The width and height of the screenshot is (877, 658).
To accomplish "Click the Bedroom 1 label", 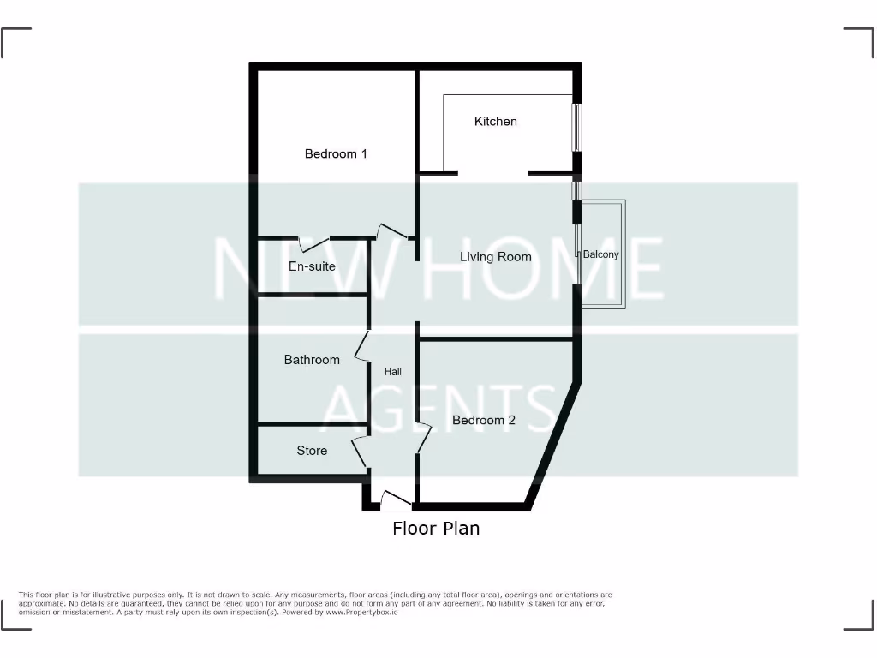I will click(x=336, y=154).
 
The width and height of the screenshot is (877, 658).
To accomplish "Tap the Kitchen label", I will click(x=496, y=122).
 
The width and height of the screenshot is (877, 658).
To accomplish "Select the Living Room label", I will click(x=495, y=257).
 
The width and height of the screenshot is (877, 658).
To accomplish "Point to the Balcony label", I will click(x=600, y=254).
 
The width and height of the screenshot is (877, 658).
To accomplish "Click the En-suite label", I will click(x=312, y=266).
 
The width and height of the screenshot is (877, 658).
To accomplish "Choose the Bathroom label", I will click(x=312, y=360).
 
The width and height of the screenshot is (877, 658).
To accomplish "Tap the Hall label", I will click(x=393, y=372).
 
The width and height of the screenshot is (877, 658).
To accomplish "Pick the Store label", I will click(x=312, y=451).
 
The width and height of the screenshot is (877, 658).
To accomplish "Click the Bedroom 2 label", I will click(x=484, y=421).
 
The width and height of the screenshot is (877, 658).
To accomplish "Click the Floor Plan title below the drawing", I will click(x=436, y=529).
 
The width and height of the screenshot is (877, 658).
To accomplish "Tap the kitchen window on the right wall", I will click(x=577, y=127).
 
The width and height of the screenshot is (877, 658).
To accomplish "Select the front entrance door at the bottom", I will click(x=395, y=499).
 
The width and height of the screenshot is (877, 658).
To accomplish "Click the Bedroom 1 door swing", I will click(x=391, y=230).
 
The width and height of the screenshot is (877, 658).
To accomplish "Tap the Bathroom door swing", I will click(x=361, y=346).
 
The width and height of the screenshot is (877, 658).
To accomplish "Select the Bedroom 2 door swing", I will click(x=422, y=438).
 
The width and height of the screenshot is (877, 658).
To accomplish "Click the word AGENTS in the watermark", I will click(x=438, y=408).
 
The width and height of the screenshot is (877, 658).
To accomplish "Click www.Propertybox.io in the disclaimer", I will click(x=363, y=613).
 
